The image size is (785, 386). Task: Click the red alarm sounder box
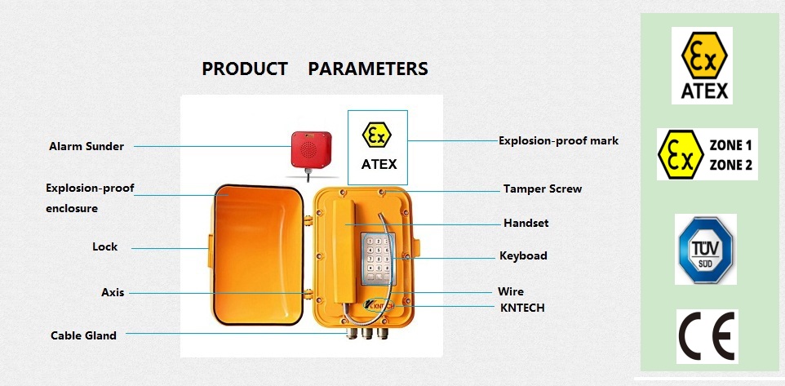(311, 149)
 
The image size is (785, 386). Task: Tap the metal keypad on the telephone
(378, 259)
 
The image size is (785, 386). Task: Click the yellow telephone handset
(344, 251)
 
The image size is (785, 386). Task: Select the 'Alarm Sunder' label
(86, 146)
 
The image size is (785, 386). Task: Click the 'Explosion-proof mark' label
(558, 140)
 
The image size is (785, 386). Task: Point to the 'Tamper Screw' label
(543, 189)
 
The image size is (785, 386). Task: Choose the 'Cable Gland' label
(83, 335)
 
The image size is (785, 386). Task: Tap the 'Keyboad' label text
(523, 255)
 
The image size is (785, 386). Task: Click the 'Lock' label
(104, 246)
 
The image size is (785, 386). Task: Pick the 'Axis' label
(113, 292)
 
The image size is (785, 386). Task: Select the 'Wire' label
(511, 291)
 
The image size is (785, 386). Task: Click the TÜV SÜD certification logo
(705, 249)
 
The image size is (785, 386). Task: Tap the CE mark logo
(707, 336)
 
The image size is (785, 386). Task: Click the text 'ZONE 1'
(730, 146)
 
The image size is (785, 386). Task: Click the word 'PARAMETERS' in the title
(368, 69)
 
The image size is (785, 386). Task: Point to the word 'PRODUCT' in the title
(245, 69)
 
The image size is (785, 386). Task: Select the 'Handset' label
(526, 223)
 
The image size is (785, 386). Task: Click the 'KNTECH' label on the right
(522, 308)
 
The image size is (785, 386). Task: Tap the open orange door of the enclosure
(258, 255)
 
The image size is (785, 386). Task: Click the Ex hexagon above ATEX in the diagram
(377, 135)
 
